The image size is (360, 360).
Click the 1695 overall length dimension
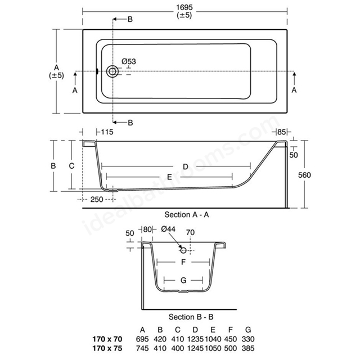coord(184,7)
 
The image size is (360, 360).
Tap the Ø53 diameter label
coord(129,61)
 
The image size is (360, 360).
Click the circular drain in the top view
coord(112,71)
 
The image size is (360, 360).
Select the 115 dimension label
coord(107,132)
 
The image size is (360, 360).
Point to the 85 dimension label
coord(281,132)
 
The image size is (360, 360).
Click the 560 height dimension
coord(304,175)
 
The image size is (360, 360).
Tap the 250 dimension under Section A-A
coord(97,199)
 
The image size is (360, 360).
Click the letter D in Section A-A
coord(186,166)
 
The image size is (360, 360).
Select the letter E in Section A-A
coord(169,177)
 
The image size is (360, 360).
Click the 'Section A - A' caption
coord(187,215)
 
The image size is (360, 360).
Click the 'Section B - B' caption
coord(191,317)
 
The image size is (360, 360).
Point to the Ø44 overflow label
coord(168,229)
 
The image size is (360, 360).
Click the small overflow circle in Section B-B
coord(183,250)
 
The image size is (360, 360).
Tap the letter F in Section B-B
coord(183,262)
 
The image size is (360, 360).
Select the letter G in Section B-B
coord(183,280)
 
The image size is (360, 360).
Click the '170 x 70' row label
coord(107,339)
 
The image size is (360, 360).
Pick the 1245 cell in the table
coord(195,348)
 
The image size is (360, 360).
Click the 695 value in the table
coord(142,339)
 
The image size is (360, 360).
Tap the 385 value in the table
coord(248,348)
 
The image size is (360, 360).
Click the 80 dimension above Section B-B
coord(147,229)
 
